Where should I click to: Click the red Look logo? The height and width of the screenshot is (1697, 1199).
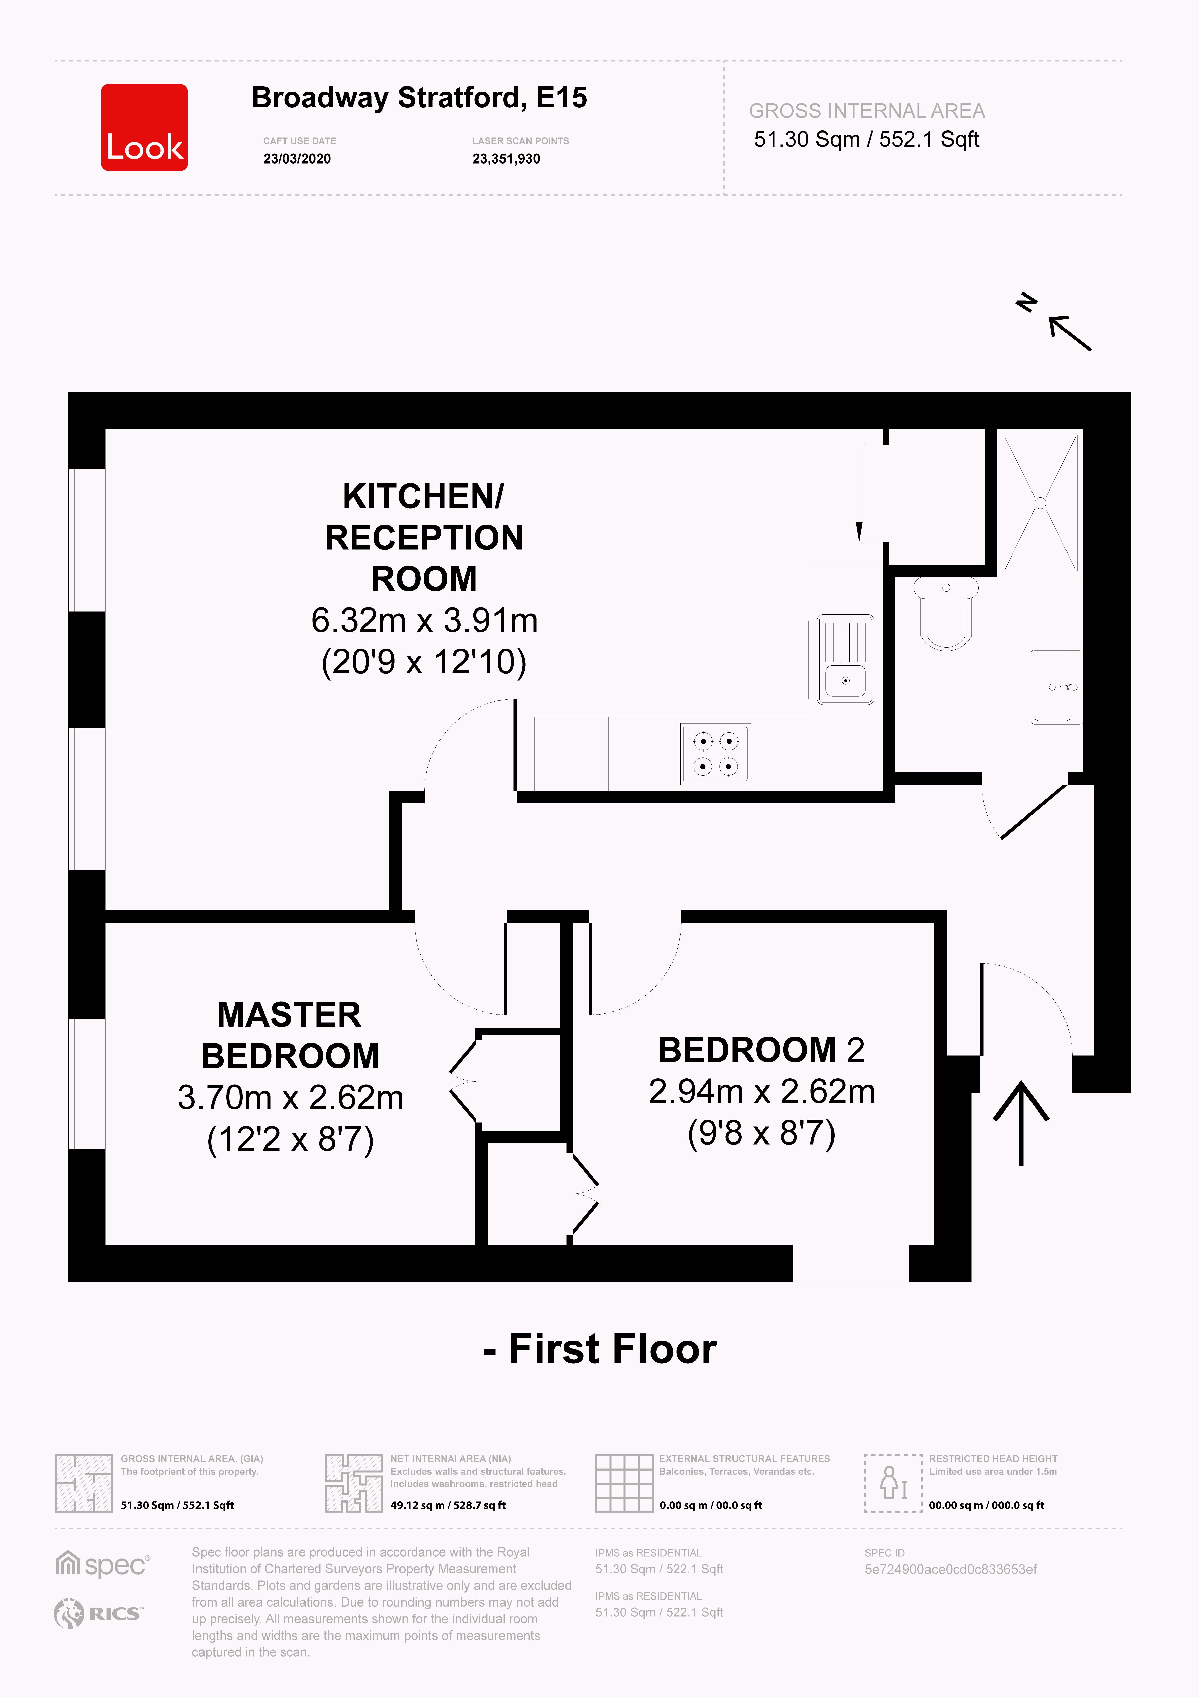click(x=144, y=127)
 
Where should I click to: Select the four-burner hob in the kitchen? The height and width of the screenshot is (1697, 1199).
click(x=716, y=753)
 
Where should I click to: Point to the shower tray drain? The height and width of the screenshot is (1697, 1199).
click(x=1040, y=503)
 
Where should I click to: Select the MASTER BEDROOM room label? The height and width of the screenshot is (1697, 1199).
click(x=290, y=1035)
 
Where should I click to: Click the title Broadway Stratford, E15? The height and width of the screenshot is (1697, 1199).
click(x=419, y=97)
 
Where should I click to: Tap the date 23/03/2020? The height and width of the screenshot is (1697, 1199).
click(x=297, y=159)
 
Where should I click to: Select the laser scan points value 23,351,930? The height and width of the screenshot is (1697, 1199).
click(x=506, y=159)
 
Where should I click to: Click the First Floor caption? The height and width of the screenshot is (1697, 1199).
click(x=600, y=1349)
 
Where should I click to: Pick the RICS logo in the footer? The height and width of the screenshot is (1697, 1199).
click(x=98, y=1613)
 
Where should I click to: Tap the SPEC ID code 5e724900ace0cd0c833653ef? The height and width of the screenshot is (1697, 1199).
click(x=951, y=1569)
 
